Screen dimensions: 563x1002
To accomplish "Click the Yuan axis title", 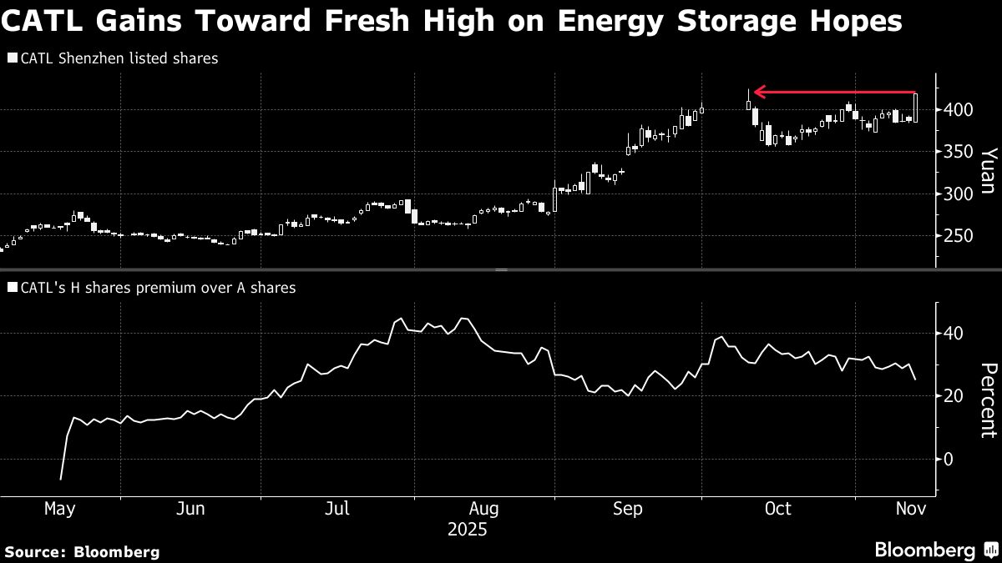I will [x=988, y=171].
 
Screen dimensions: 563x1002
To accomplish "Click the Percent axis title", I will [x=988, y=400].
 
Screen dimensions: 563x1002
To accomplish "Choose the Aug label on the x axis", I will [x=484, y=508].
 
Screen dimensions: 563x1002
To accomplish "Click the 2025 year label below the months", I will [x=468, y=530].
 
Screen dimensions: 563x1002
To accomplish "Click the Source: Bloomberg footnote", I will [x=82, y=551].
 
